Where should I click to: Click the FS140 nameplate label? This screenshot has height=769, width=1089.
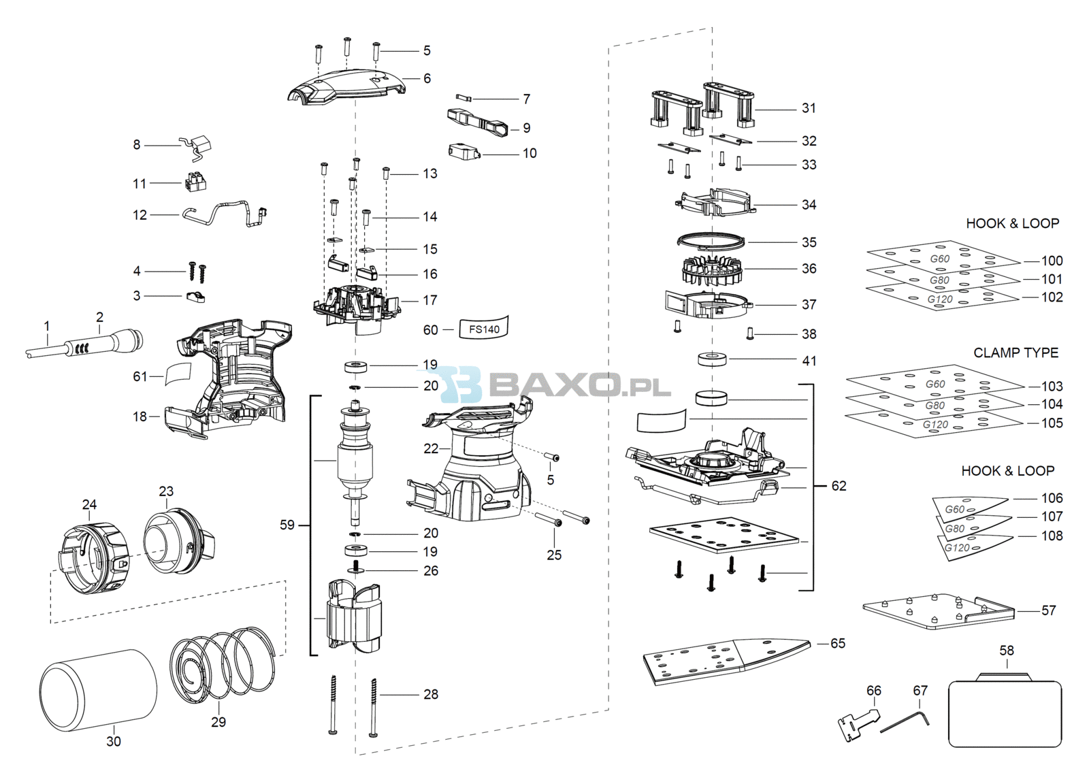pyautogui.click(x=484, y=328)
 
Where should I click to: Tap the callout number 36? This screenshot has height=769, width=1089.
pyautogui.click(x=809, y=269)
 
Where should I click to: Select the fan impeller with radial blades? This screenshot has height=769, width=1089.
pyautogui.click(x=713, y=270)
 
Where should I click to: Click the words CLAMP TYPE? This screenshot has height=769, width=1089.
pyautogui.click(x=1015, y=353)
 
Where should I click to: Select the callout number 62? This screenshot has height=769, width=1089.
pyautogui.click(x=839, y=486)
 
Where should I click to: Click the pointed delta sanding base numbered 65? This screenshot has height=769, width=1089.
pyautogui.click(x=727, y=661)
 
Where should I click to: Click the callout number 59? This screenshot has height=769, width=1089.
pyautogui.click(x=287, y=525)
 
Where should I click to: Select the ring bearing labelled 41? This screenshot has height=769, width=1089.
pyautogui.click(x=712, y=360)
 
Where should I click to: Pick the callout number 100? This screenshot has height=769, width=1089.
pyautogui.click(x=1052, y=261)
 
